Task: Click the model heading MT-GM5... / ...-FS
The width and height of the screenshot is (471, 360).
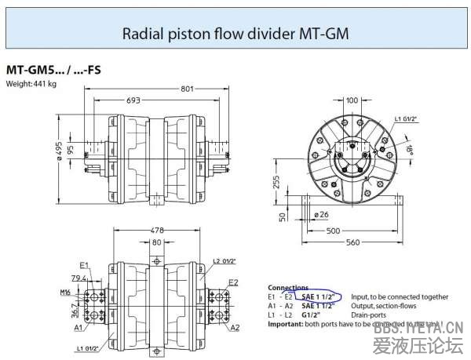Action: click(53, 70)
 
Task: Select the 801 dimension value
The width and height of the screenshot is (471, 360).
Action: click(187, 89)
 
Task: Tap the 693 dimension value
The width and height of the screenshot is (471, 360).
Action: click(134, 101)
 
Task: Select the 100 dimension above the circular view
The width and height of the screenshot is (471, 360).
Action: click(351, 100)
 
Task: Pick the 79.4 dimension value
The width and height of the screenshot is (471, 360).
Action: click(78, 278)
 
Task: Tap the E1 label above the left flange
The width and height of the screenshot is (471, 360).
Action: click(84, 265)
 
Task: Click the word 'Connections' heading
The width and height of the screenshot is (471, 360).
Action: click(288, 287)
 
